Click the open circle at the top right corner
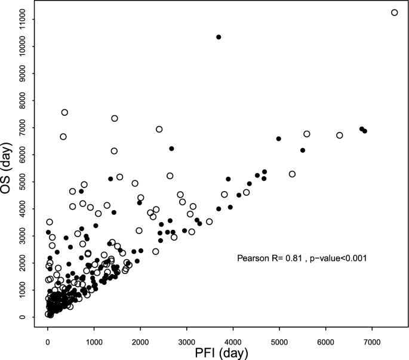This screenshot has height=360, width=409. point(394,13)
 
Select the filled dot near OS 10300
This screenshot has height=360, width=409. point(219,37)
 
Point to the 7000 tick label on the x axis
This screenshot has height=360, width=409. point(371,341)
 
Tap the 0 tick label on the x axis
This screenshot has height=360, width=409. point(48,341)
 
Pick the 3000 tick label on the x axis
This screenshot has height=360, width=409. point(186,341)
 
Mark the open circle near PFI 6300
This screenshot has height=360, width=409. point(340,136)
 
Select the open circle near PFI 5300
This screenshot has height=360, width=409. point(292,174)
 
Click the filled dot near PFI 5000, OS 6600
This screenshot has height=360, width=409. point(279,139)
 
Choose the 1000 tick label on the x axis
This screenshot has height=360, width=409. point(94,341)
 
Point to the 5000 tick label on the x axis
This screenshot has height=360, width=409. point(279,341)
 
